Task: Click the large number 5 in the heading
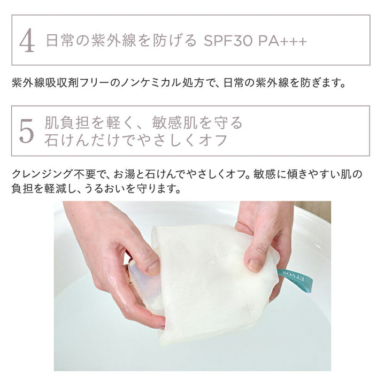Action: coord(27,132)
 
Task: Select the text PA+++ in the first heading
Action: coord(281,42)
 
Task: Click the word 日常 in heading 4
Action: coord(58,42)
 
